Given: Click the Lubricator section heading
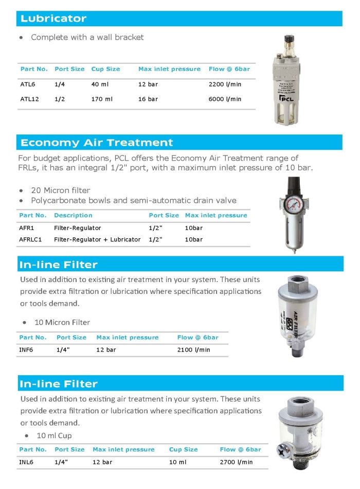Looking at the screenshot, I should click(53, 19).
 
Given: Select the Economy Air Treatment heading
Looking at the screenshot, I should click(97, 143).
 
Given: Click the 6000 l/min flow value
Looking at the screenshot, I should click(225, 99).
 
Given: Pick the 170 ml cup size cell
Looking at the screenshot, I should click(102, 99).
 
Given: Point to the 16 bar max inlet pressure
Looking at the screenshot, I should click(148, 99).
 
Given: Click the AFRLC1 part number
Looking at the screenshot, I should click(30, 239).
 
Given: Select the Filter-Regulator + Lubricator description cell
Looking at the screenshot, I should click(97, 239).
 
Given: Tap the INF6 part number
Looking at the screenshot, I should click(26, 350).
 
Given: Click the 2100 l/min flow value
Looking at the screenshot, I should click(194, 350).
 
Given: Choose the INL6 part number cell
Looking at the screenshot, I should click(26, 462).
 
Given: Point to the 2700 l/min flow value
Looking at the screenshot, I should click(237, 462).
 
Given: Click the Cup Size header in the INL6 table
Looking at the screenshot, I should click(184, 449).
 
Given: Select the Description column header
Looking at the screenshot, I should click(73, 215).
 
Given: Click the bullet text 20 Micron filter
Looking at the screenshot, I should click(60, 190).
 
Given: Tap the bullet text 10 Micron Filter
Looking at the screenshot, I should click(62, 322).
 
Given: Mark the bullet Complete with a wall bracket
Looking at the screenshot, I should click(87, 37).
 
